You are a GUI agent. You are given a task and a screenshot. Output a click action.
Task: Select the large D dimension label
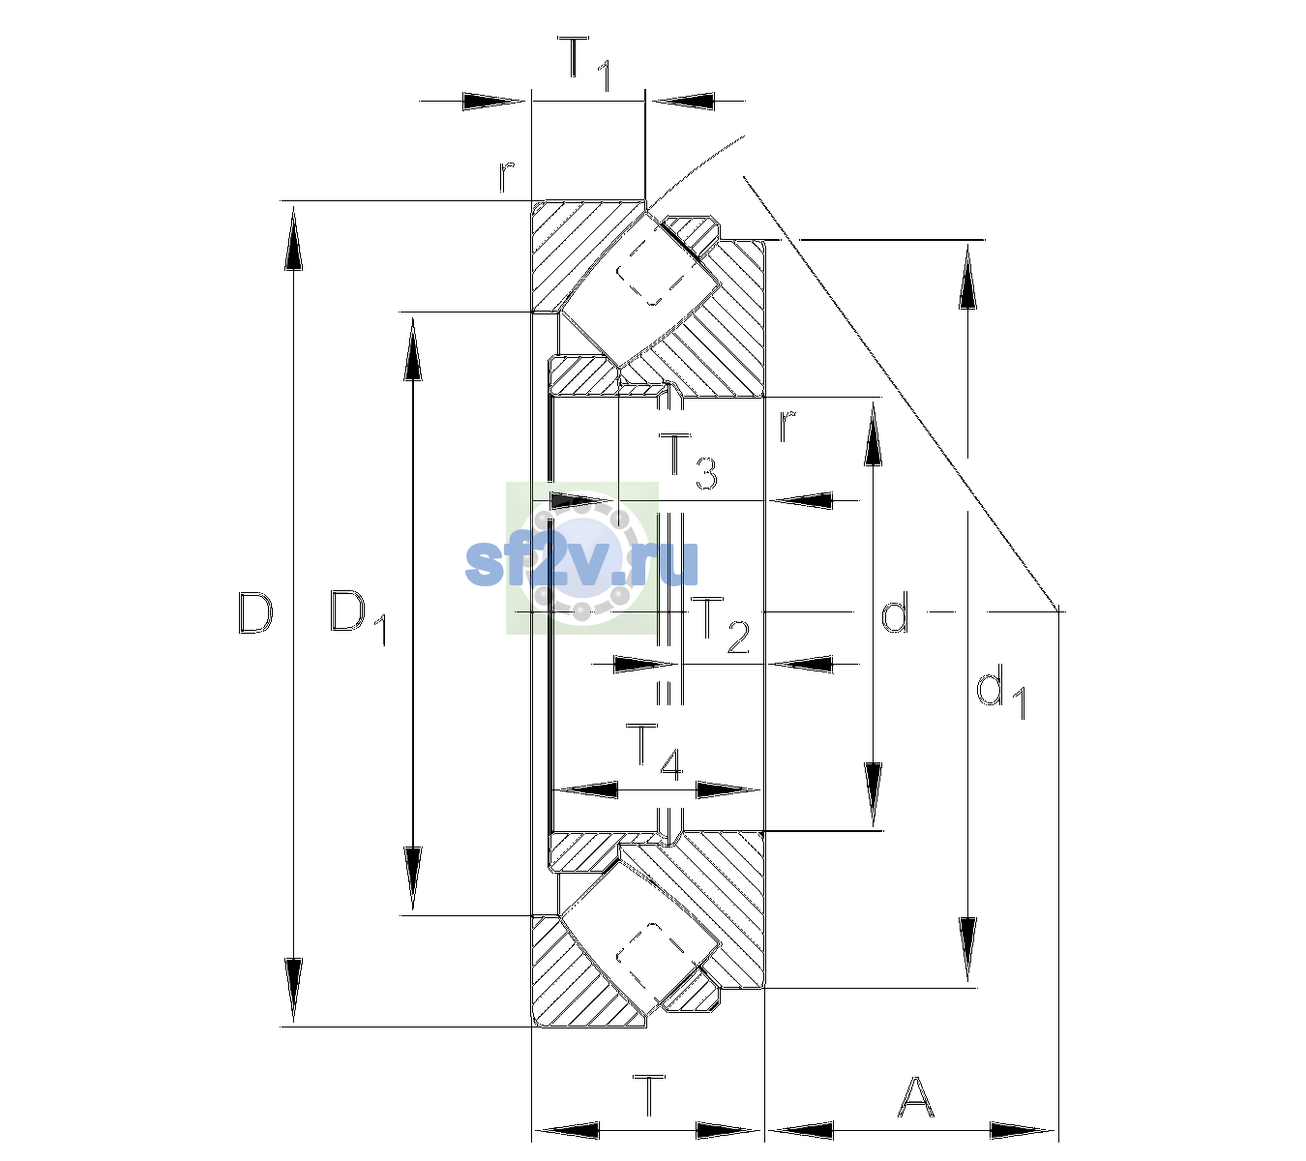pos(255,612)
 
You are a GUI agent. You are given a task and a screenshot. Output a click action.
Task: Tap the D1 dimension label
pos(358,617)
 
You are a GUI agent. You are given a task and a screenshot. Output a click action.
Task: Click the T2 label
pos(720,625)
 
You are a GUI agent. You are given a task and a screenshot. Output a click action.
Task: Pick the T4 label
pos(654,752)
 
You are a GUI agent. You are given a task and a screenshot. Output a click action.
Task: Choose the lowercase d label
pos(896,611)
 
